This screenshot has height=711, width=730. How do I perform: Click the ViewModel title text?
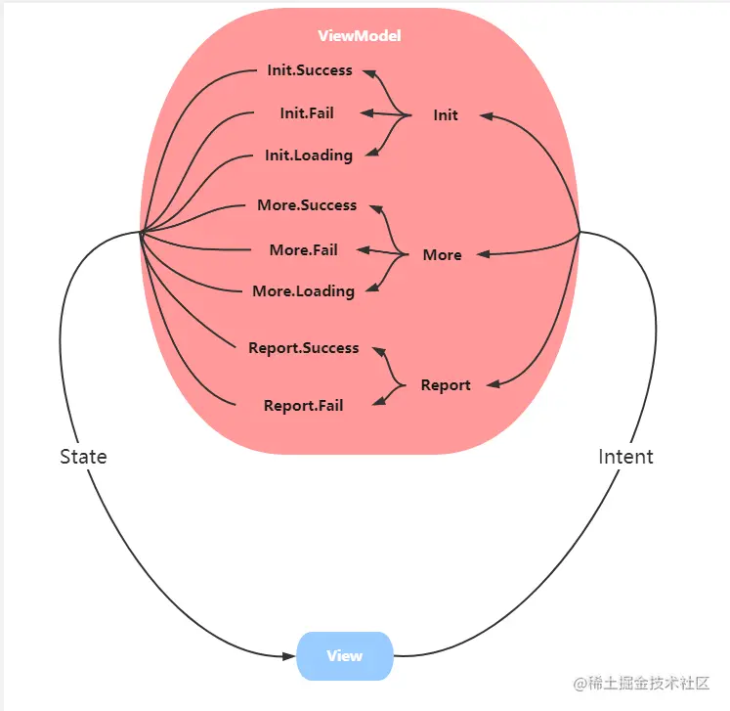(x=360, y=36)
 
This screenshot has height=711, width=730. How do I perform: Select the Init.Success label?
(x=310, y=70)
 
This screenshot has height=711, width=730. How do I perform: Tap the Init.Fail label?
(x=307, y=113)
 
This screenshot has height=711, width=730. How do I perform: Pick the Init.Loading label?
(x=309, y=156)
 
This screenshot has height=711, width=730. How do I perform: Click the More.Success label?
(x=307, y=205)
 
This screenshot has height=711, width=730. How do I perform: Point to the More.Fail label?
(x=304, y=249)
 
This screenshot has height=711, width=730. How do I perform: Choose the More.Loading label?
(x=303, y=291)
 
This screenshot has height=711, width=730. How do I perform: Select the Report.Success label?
(x=304, y=348)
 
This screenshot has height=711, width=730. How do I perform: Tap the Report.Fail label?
(x=304, y=405)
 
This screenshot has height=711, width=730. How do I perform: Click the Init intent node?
(x=446, y=115)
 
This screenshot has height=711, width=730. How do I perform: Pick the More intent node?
(x=442, y=255)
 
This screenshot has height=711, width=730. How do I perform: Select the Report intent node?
(x=446, y=385)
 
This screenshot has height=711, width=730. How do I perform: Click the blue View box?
(x=345, y=655)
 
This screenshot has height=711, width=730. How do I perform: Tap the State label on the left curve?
(x=83, y=457)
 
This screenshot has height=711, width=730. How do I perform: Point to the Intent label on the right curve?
(x=625, y=457)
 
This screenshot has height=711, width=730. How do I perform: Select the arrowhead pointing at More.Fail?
(x=363, y=250)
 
